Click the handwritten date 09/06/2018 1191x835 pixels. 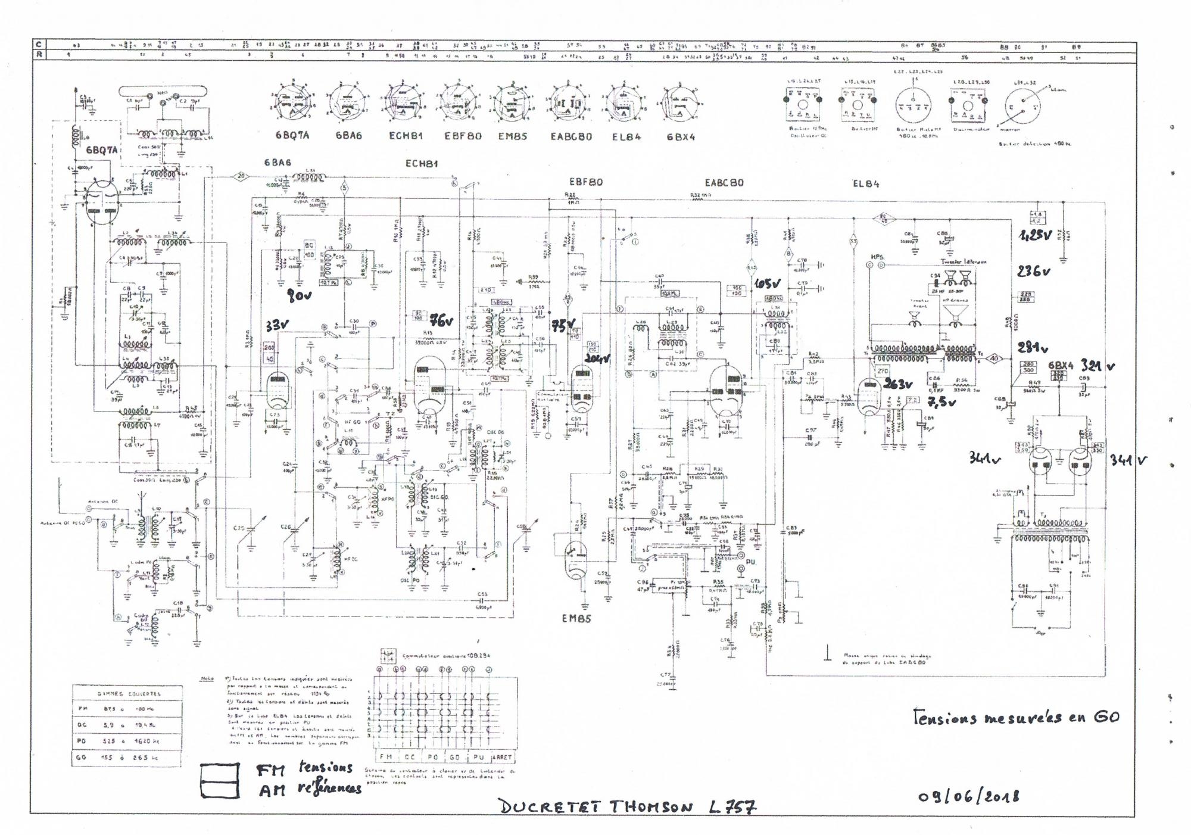coord(968,796)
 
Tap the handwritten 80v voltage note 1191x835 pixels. coord(300,295)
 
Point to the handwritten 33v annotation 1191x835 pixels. coord(277,326)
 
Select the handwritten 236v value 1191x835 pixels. coord(1033,272)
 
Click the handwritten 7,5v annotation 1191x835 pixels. coord(941,403)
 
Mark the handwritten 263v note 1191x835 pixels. coord(898,384)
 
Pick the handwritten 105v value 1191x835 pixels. coord(767,284)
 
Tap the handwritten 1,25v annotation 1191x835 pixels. coord(1036,235)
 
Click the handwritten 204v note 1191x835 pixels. coord(598,359)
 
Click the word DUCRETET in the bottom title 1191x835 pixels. coord(550,807)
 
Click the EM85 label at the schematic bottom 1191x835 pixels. coord(576,618)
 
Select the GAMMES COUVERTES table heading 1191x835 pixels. coord(129,694)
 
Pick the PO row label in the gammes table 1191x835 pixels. coord(82,741)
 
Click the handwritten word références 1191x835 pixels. coord(329,788)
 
